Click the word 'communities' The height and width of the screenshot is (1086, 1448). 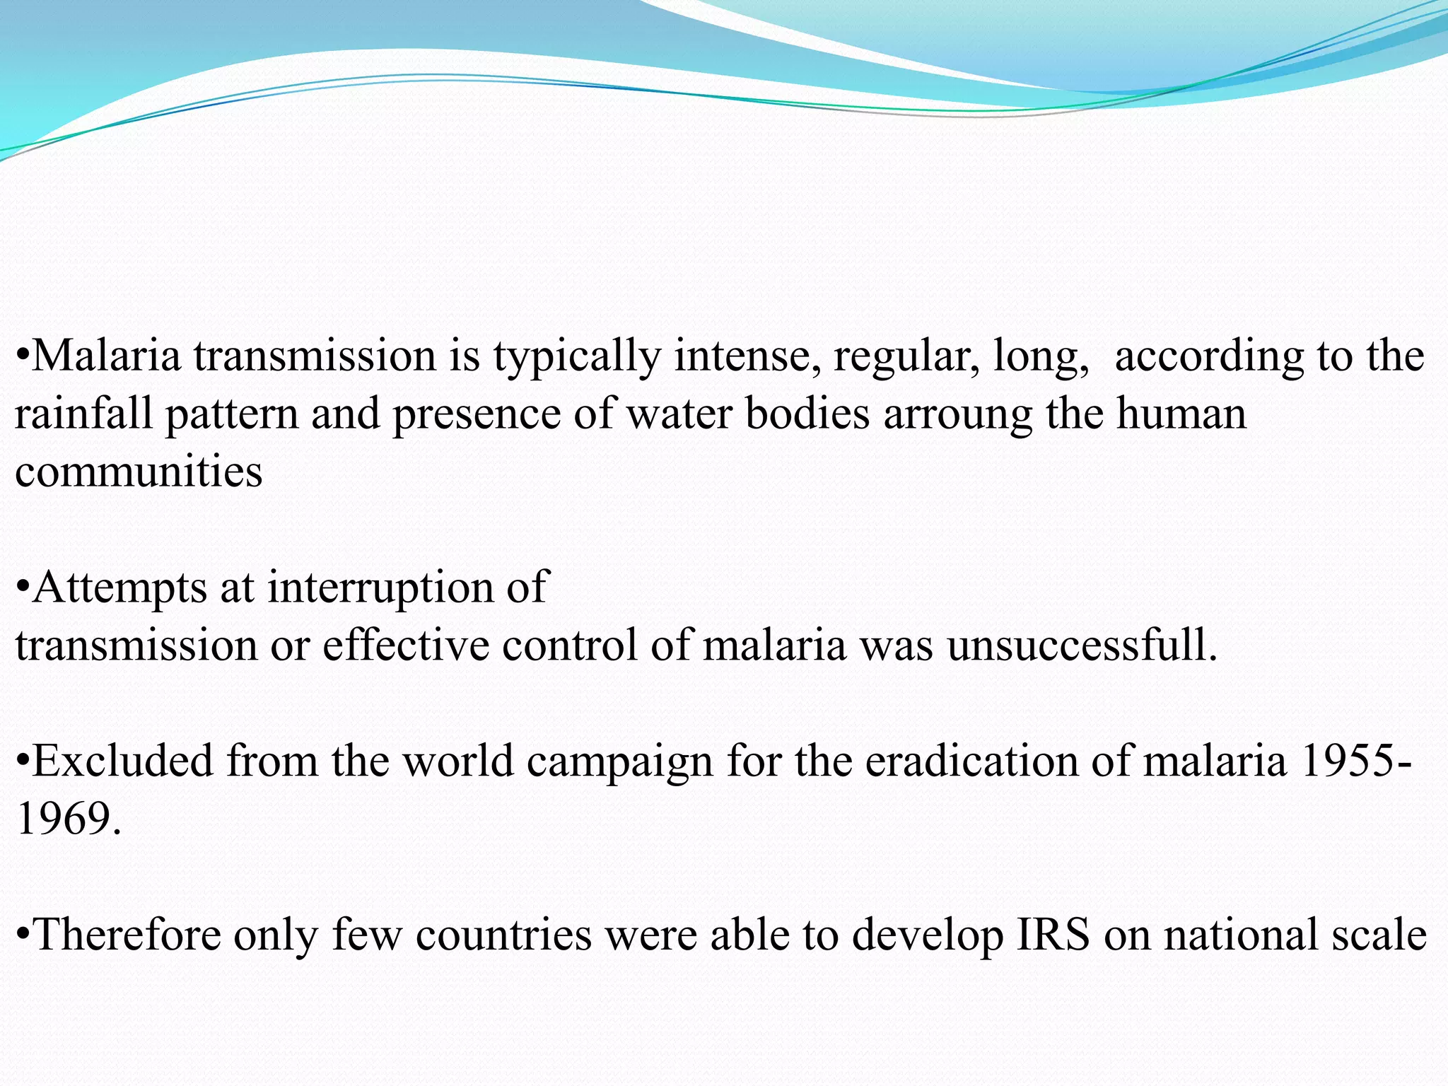tap(139, 472)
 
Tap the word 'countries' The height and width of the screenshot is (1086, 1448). tap(503, 935)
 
